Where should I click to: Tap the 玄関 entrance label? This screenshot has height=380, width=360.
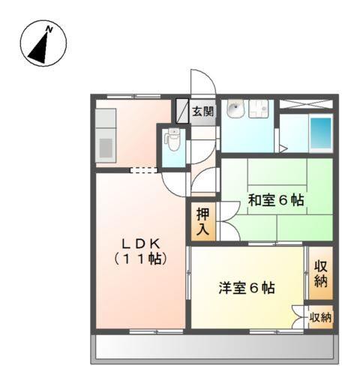point(202,112)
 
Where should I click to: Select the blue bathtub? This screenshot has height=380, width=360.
point(321,132)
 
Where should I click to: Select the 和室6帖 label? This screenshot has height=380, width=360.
point(276,200)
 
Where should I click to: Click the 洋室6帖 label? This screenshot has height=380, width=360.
point(246,288)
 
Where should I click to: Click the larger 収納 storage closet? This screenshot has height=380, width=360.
point(320,274)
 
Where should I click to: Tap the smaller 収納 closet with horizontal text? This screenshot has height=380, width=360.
point(321,317)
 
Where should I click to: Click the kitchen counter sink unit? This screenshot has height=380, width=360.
point(105,136)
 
